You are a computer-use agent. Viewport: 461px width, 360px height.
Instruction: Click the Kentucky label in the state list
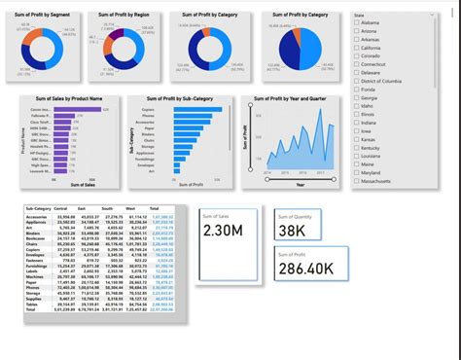[375, 148]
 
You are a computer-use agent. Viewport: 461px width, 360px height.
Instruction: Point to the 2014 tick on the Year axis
[267, 172]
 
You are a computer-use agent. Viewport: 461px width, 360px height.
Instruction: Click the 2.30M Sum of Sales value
[226, 231]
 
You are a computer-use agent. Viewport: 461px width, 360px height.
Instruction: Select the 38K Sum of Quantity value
[292, 231]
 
